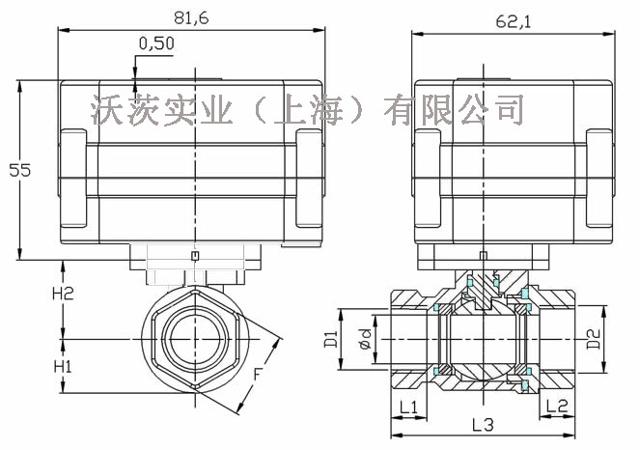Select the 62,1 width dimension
[x=512, y=17]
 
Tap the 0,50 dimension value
[x=156, y=43]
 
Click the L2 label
[x=556, y=407]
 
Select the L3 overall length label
[x=483, y=425]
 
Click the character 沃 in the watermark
[x=108, y=108]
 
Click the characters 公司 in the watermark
[x=492, y=108]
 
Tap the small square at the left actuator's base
[x=195, y=255]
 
